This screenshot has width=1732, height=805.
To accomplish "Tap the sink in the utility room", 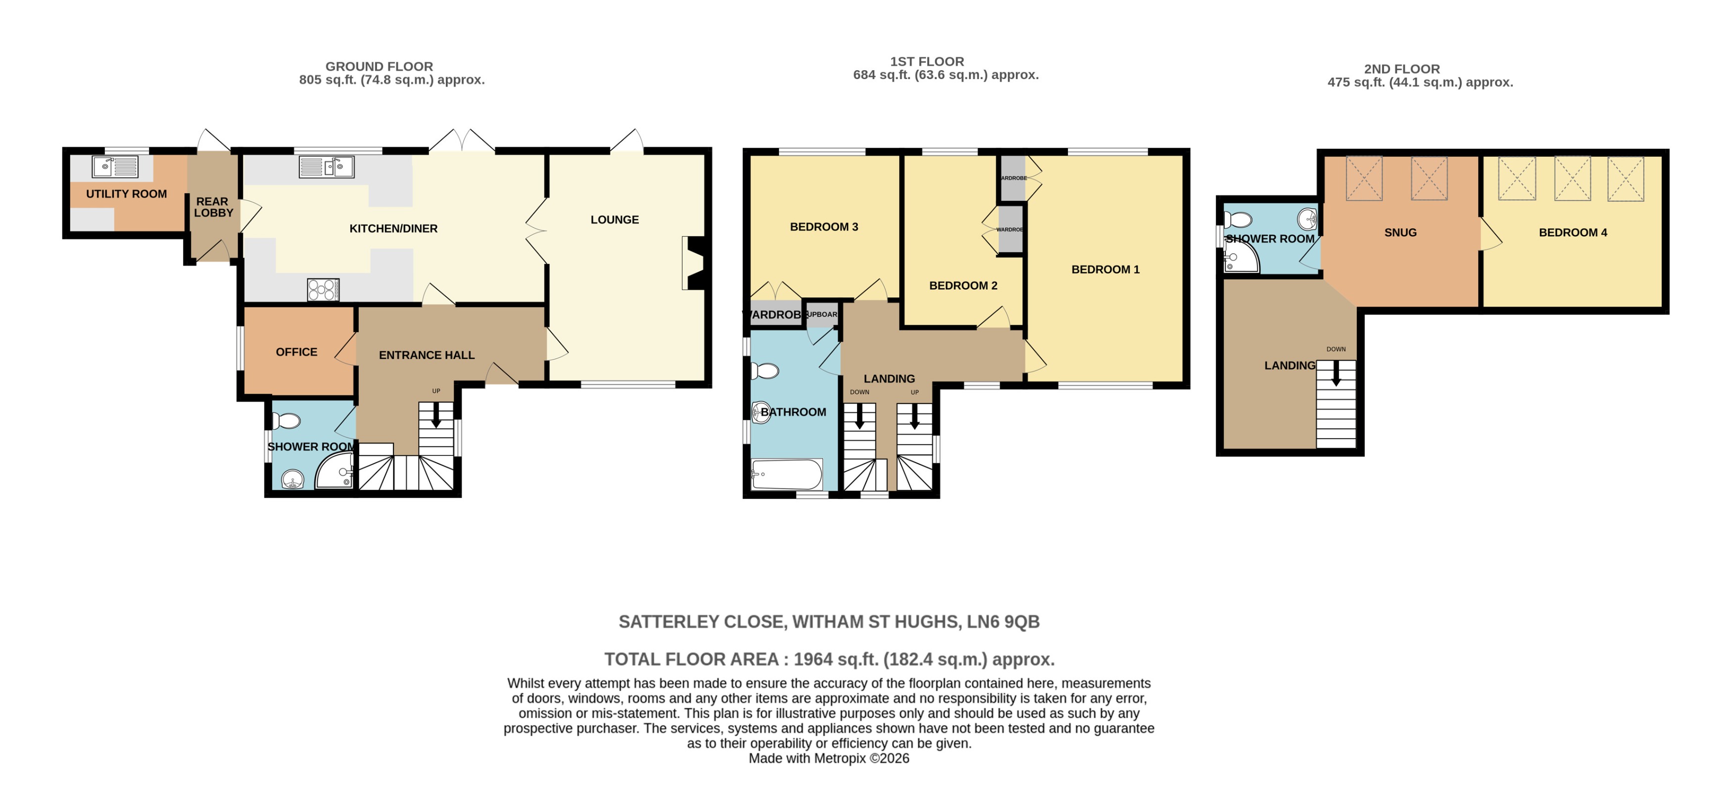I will (114, 166).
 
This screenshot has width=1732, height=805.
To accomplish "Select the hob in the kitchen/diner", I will (323, 290).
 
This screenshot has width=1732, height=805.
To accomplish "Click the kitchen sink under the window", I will (327, 167).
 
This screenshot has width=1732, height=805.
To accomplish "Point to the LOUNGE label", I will (615, 220).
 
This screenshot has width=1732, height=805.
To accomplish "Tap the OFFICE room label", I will (296, 352).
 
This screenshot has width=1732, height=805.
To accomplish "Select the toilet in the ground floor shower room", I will (287, 421).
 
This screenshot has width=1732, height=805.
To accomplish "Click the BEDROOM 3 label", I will (823, 227).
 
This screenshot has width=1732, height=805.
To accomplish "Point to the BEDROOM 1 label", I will (1106, 269).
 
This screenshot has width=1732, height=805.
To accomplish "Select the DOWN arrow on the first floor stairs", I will (859, 417).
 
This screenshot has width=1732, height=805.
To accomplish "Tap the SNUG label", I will (1400, 232).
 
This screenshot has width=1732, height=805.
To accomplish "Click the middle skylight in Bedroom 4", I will (1573, 179).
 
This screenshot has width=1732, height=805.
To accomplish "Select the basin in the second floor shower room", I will (1307, 219).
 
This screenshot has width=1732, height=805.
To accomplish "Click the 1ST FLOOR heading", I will (926, 61).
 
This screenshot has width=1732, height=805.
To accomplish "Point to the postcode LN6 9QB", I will (1003, 622).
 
